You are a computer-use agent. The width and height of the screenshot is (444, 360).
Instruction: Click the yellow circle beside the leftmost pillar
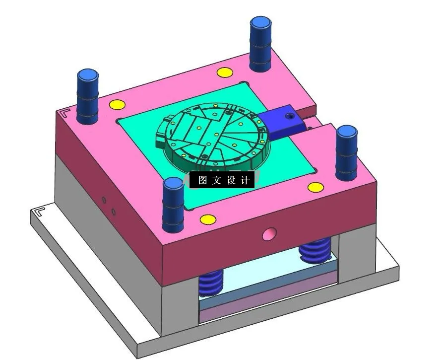pyautogui.click(x=117, y=105)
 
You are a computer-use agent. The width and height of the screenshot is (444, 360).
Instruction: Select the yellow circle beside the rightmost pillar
pyautogui.click(x=315, y=187)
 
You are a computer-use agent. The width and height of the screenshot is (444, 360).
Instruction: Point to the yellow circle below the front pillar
pyautogui.click(x=207, y=219)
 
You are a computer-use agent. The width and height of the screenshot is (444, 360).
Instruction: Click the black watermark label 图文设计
pyautogui.click(x=222, y=180)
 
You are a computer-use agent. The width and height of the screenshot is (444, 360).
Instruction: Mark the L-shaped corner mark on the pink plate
pyautogui.click(x=64, y=112)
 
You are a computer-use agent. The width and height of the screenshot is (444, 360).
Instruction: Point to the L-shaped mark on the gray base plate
pyautogui.click(x=38, y=214)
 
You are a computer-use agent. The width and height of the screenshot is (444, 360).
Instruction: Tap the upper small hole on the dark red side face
pyautogui.click(x=104, y=200)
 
